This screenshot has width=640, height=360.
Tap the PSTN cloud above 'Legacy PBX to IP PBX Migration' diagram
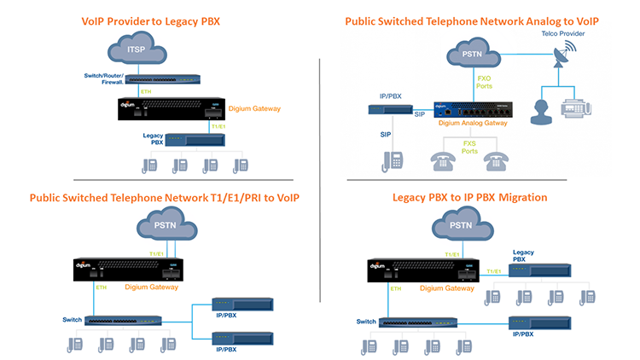pos(461,226)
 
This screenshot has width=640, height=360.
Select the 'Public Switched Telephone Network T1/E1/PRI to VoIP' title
pos(164,198)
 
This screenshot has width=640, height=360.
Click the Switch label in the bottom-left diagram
pos(72,320)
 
